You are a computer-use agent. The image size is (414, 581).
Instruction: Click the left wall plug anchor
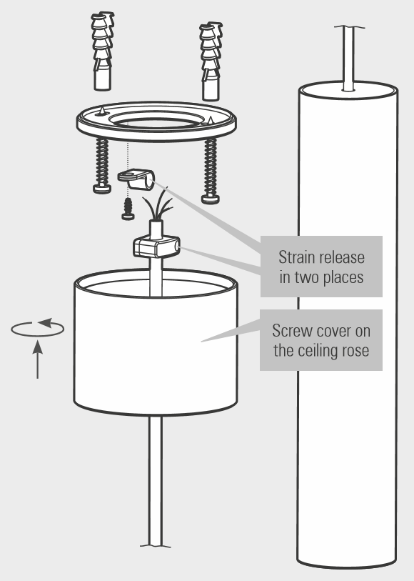tap(102, 51)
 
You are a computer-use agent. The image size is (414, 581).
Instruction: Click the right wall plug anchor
tap(211, 61)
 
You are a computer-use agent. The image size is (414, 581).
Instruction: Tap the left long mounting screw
tap(102, 165)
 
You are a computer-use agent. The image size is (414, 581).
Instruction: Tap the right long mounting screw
tap(211, 171)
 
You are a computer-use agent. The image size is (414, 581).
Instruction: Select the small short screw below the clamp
tap(128, 209)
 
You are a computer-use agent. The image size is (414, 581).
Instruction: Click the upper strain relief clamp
tap(136, 179)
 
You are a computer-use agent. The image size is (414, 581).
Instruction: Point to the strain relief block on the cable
tap(156, 247)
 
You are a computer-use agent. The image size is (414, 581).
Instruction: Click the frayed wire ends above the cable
tap(158, 204)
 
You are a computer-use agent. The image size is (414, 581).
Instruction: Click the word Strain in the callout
tap(296, 257)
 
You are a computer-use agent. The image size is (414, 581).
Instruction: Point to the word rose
tap(355, 351)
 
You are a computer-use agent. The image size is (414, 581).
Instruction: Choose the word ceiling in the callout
tap(318, 350)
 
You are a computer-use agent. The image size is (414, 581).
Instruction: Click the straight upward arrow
tap(37, 359)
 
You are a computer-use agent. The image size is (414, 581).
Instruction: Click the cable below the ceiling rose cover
tap(156, 481)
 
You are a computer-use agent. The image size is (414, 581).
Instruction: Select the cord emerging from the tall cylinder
tap(348, 59)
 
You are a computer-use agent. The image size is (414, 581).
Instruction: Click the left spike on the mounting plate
tap(102, 111)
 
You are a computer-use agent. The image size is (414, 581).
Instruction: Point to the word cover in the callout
tap(331, 331)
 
